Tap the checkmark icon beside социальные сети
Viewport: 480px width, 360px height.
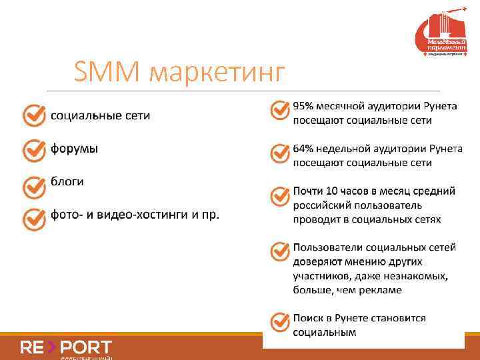tap(34, 116)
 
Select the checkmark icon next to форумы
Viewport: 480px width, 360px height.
tap(34, 149)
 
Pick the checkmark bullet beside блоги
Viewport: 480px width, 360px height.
tap(34, 185)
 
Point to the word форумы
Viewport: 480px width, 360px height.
tap(74, 149)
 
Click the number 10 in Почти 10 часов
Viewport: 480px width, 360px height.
tap(333, 191)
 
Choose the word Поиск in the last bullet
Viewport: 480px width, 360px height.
tap(309, 318)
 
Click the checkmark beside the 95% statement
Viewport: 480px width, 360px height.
tap(279, 111)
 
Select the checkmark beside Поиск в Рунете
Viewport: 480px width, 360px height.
tap(279, 323)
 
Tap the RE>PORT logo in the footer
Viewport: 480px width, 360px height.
tap(66, 347)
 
